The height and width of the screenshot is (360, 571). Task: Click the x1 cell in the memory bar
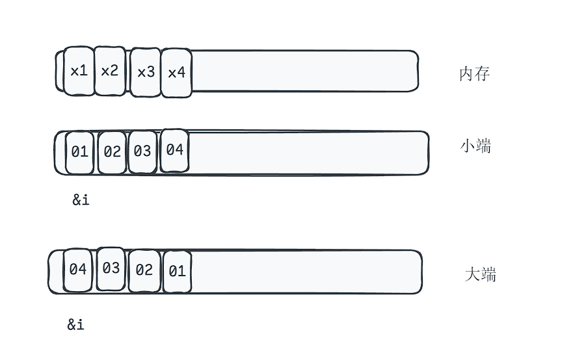point(79,71)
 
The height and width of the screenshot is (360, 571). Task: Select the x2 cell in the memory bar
point(109,71)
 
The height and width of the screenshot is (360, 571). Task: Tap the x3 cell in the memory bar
point(146,71)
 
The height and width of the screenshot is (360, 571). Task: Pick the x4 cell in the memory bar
point(176,72)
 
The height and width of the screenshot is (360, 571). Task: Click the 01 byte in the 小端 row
point(79,152)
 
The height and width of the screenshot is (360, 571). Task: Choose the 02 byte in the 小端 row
point(112,152)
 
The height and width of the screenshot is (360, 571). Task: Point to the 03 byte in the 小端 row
point(142,151)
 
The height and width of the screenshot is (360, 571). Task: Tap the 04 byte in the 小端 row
point(174,150)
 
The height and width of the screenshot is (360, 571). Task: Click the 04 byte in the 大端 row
point(78,269)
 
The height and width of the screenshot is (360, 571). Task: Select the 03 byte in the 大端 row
point(111,268)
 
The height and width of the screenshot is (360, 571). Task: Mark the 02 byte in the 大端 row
point(144,270)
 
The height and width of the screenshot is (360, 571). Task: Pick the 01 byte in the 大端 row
point(177,271)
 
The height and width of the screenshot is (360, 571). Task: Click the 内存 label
point(474,74)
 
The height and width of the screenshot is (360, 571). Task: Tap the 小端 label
point(475,146)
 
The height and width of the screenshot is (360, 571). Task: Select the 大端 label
point(481,274)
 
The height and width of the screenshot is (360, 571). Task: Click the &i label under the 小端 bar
point(81,200)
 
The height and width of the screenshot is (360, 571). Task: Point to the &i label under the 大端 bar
point(75,325)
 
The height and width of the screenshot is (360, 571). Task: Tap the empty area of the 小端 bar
point(309,153)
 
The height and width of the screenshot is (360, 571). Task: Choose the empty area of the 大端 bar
point(306,272)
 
